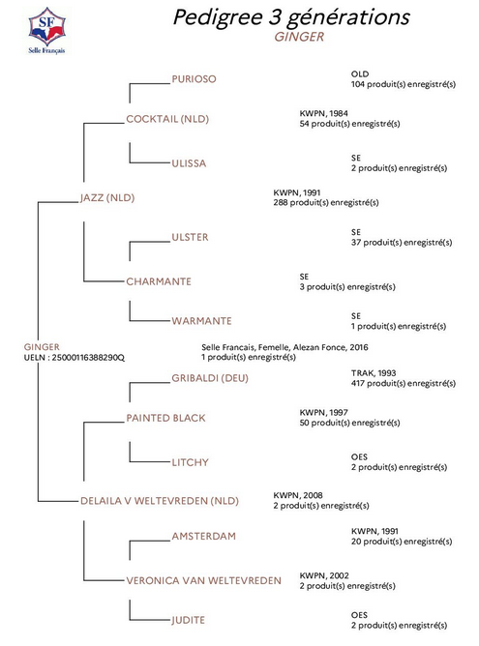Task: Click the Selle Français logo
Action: tap(46, 31)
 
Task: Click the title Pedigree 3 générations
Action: tap(291, 17)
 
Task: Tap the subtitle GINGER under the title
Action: tap(299, 37)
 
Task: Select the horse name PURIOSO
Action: tap(194, 79)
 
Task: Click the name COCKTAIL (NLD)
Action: tap(167, 119)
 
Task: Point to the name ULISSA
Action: tap(189, 163)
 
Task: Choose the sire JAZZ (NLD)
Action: tap(107, 197)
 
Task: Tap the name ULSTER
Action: tap(190, 237)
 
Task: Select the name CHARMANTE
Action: tap(159, 281)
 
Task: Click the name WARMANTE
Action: tap(201, 321)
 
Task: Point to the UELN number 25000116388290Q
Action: tap(88, 358)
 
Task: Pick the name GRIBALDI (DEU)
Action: tap(210, 378)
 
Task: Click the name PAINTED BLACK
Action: tap(165, 418)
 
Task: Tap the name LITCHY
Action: tap(190, 462)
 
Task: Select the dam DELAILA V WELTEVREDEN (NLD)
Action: tap(160, 501)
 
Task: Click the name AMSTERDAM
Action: tap(203, 537)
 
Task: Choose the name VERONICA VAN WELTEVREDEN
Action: tap(203, 581)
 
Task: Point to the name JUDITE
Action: tap(188, 620)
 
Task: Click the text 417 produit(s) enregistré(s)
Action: tap(404, 384)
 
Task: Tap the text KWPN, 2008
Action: tap(298, 495)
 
